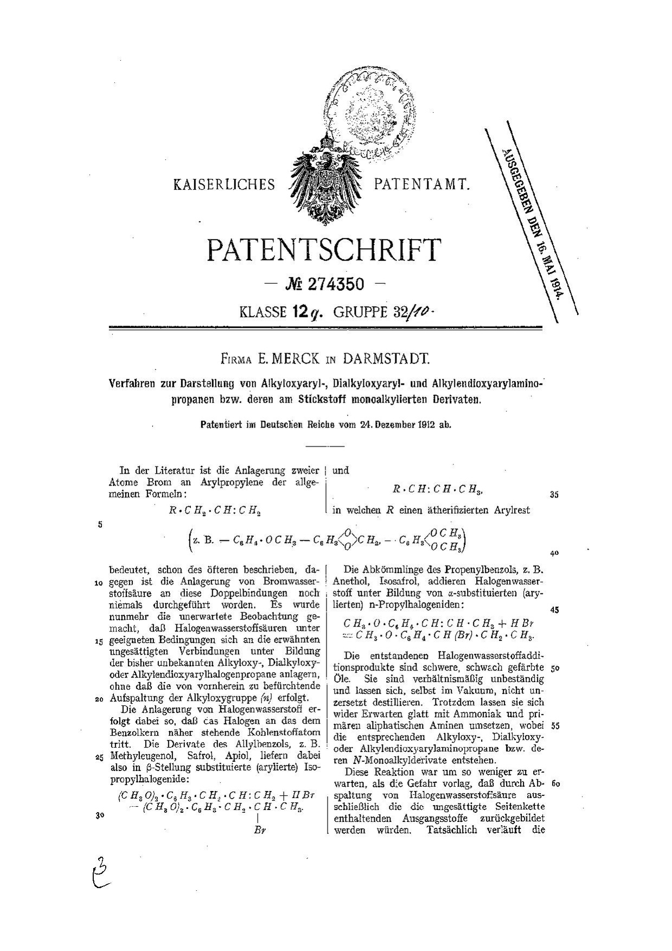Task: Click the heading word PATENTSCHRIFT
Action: pos(323,250)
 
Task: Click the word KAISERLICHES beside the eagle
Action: pos(224,186)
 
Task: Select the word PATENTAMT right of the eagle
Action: pos(420,185)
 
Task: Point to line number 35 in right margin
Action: pos(554,495)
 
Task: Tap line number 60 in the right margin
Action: pos(554,784)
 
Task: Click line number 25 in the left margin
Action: pos(99,758)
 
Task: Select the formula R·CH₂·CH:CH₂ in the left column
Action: pos(216,510)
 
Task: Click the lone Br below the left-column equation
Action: pos(258,829)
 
